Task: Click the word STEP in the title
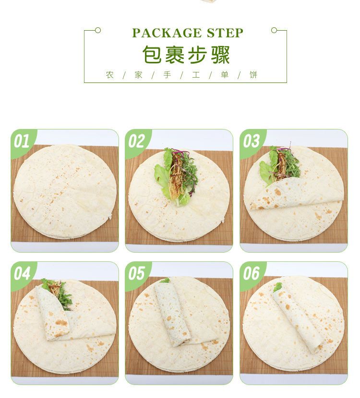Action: pos(225,33)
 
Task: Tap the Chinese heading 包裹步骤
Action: pos(186,55)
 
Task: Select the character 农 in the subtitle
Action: pos(110,75)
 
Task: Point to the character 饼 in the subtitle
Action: pos(253,75)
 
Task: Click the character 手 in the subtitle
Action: pos(167,75)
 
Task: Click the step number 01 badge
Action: pos(22,141)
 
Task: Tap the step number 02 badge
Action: pos(136,141)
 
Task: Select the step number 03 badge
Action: pos(251,141)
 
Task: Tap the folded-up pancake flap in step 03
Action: pos(293,194)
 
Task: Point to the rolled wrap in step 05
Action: pos(170,312)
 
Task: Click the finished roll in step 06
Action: pos(298,319)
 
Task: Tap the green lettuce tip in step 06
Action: pos(277,287)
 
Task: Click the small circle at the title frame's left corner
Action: pos(98,30)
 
